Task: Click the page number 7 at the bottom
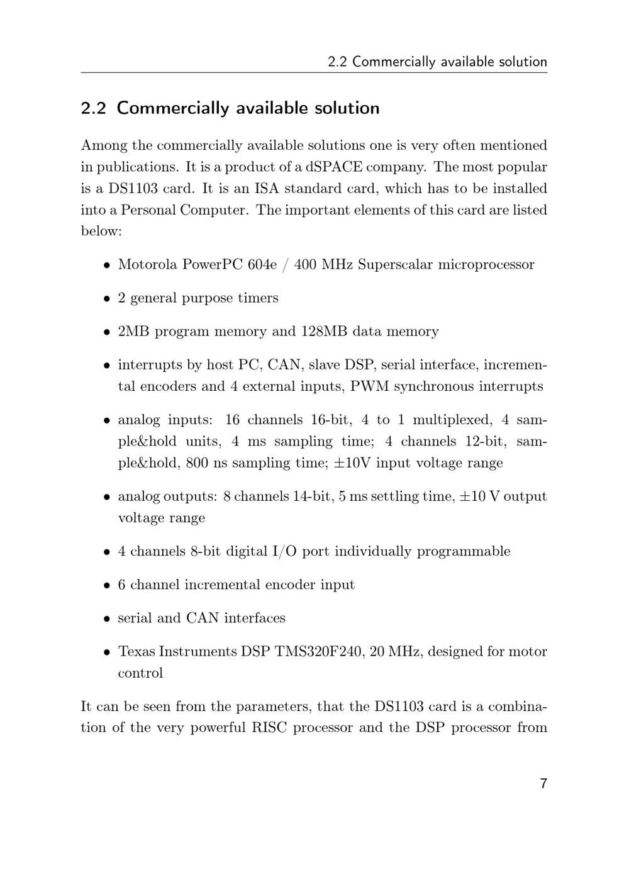(543, 783)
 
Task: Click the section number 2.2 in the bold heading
(93, 108)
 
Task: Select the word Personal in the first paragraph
(148, 210)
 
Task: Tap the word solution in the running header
(522, 62)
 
